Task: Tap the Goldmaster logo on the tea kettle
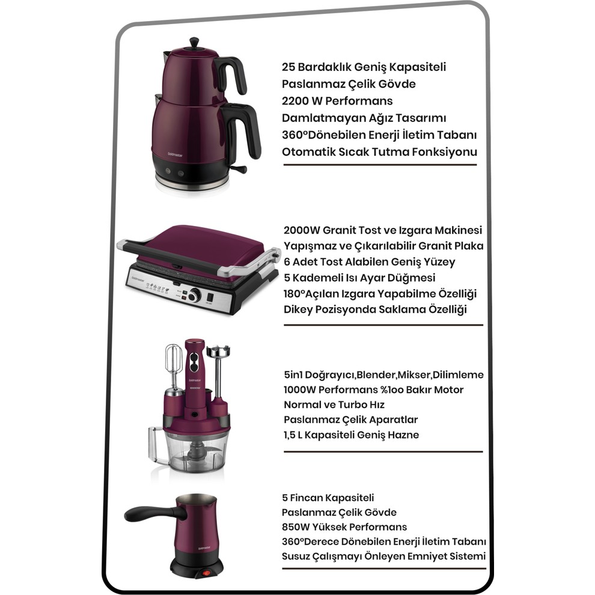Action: pyautogui.click(x=175, y=155)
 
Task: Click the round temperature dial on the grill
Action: pyautogui.click(x=194, y=295)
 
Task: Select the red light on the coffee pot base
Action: pyautogui.click(x=206, y=573)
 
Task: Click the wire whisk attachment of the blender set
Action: pyautogui.click(x=174, y=365)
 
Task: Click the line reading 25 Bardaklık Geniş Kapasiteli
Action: pyautogui.click(x=364, y=67)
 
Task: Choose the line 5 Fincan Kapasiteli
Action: pyautogui.click(x=328, y=498)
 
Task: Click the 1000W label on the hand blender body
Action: pyautogui.click(x=194, y=388)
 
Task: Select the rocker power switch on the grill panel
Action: pyautogui.click(x=209, y=297)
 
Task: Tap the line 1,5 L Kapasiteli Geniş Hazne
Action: pyautogui.click(x=352, y=435)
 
